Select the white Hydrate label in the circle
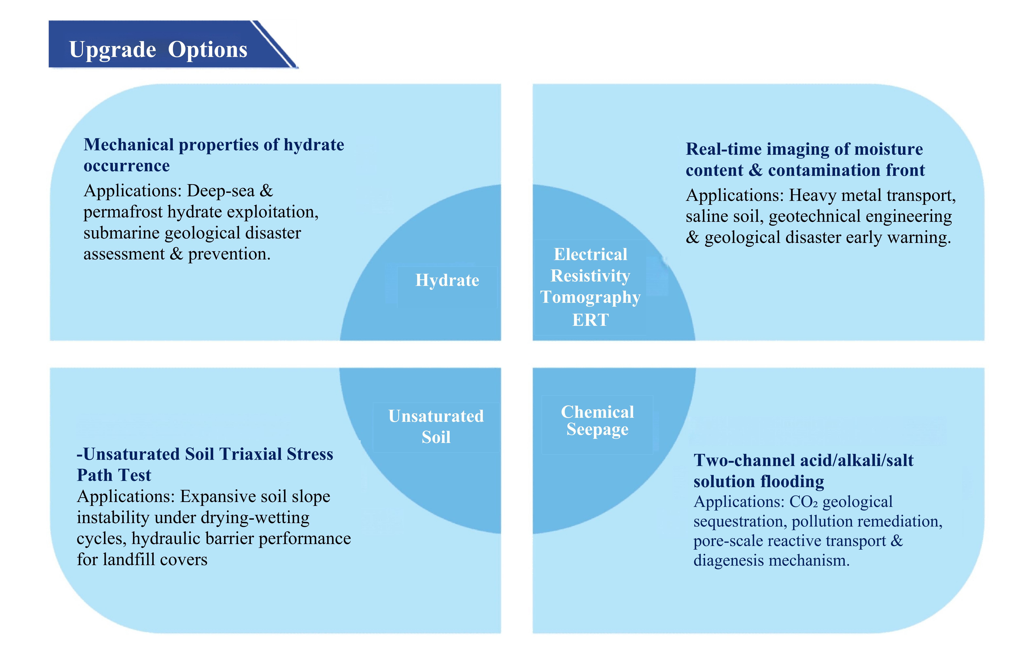click(447, 281)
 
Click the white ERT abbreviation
click(590, 320)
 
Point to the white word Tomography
click(590, 297)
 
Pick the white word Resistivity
click(590, 276)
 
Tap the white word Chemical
click(597, 412)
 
